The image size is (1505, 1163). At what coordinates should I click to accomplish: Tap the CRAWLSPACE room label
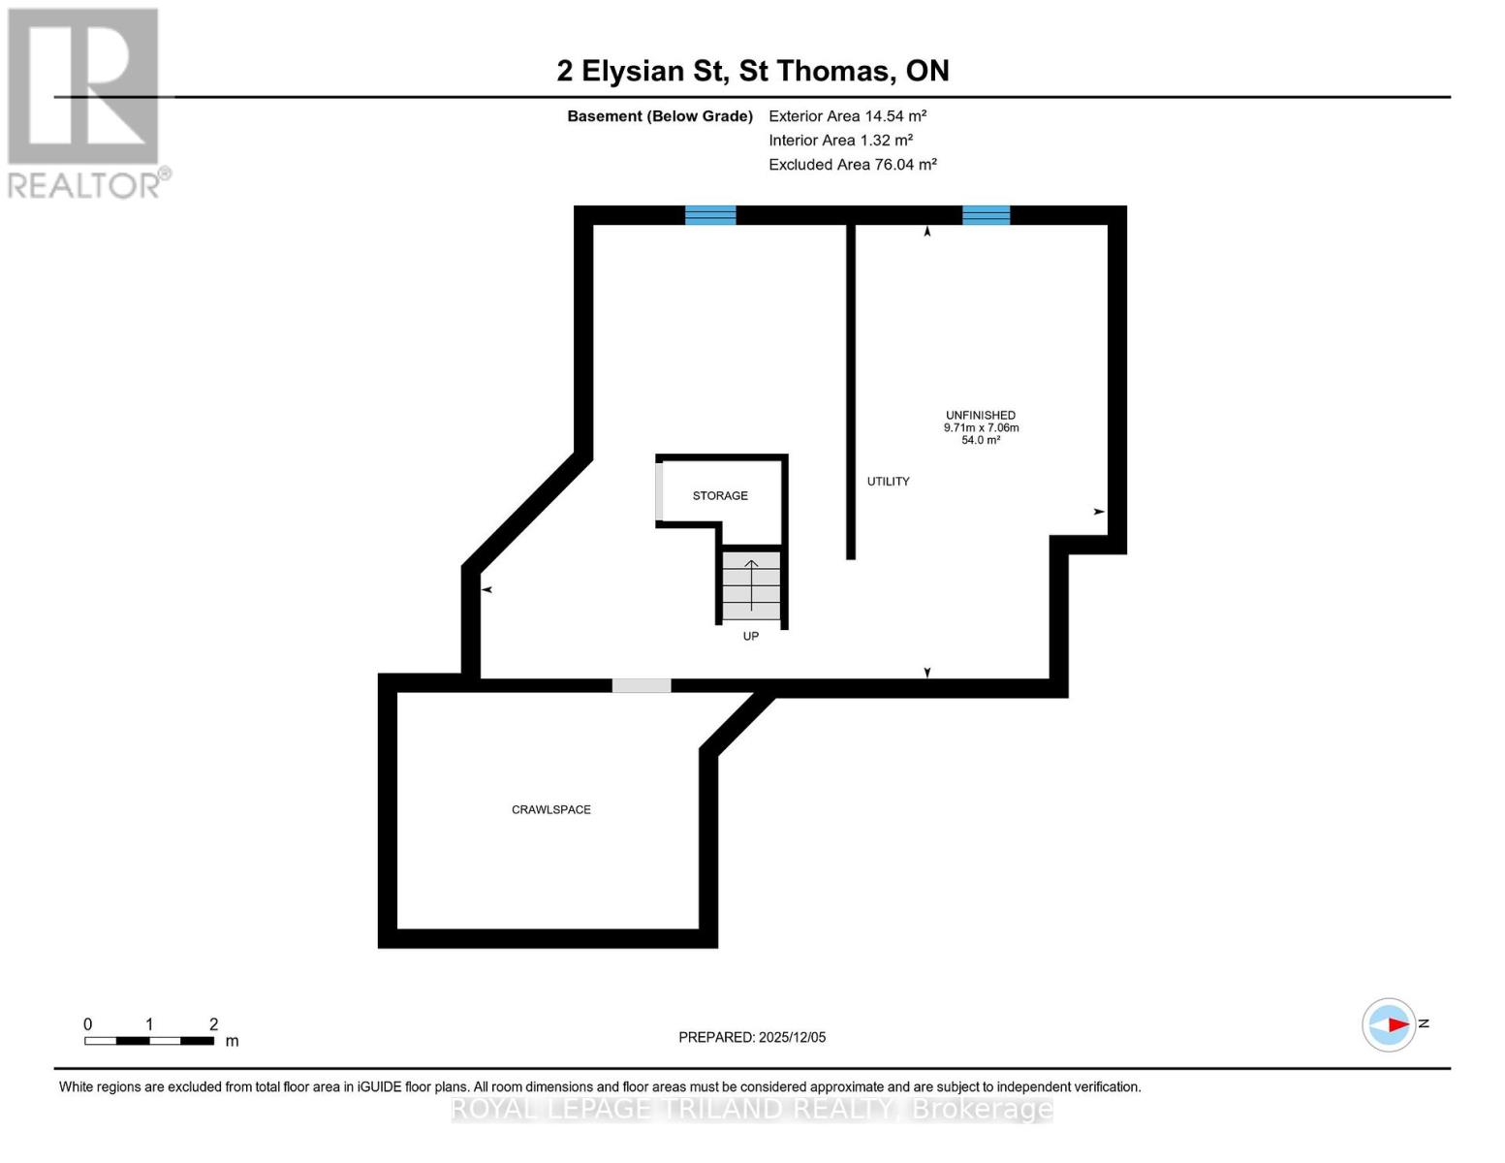550,809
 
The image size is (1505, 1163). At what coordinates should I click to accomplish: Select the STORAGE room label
720,495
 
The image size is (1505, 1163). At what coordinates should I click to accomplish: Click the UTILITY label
888,481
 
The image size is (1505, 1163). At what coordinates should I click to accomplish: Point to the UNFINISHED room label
981,415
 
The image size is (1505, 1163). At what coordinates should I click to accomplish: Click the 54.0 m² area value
981,440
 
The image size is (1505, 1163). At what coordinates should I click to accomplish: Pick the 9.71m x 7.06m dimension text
981,427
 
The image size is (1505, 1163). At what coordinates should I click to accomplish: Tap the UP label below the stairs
751,636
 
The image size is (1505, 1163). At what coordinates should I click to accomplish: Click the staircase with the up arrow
751,586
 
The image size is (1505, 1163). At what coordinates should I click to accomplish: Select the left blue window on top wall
710,215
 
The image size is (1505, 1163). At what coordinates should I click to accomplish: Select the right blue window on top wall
986,215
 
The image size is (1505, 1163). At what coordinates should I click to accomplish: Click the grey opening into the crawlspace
641,686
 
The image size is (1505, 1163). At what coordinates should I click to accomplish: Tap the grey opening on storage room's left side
659,492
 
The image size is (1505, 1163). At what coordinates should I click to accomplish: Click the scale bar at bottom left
149,1041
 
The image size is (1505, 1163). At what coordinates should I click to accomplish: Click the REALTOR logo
85,102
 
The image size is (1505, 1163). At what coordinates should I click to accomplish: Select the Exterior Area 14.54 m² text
847,115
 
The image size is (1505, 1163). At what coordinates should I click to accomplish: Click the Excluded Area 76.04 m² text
852,164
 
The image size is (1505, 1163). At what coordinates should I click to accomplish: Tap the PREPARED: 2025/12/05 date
752,1037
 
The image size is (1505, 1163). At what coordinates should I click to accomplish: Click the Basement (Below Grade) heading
659,115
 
